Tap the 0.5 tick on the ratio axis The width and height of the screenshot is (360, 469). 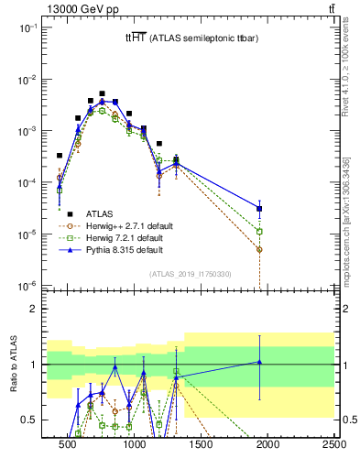click(29, 420)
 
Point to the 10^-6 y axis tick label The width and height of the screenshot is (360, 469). click(27, 286)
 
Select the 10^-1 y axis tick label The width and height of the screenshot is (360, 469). click(27, 27)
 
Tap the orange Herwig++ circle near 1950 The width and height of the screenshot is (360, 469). click(260, 249)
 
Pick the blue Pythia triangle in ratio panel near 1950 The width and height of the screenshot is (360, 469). click(260, 362)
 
